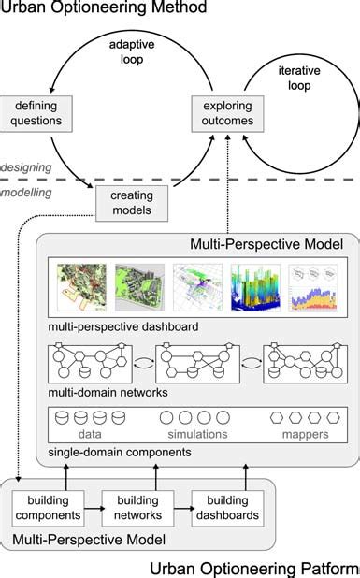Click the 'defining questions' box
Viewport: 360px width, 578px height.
pyautogui.click(x=32, y=113)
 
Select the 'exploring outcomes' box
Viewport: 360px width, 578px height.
pyautogui.click(x=226, y=113)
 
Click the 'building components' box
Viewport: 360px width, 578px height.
pyautogui.click(x=48, y=508)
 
